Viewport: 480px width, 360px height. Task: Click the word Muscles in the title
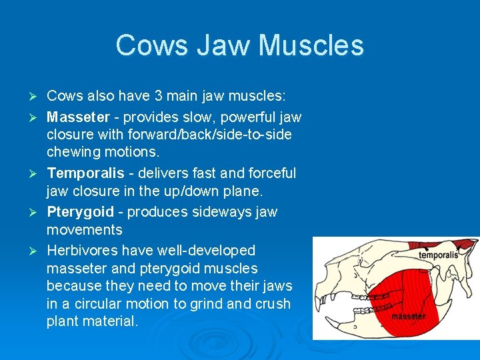pyautogui.click(x=311, y=45)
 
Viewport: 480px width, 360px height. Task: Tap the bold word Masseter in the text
pyautogui.click(x=78, y=117)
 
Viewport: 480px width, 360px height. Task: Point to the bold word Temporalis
pyautogui.click(x=85, y=173)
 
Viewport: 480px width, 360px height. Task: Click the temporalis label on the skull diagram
pyautogui.click(x=438, y=255)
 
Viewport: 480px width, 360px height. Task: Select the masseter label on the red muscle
pyautogui.click(x=408, y=316)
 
